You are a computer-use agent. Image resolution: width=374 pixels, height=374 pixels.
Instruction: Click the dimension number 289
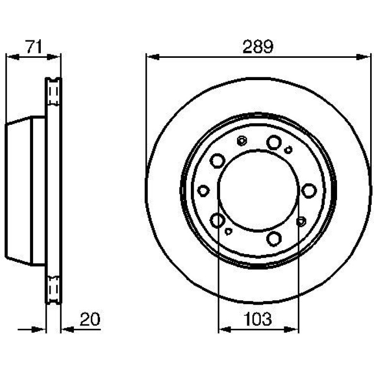pyautogui.click(x=257, y=47)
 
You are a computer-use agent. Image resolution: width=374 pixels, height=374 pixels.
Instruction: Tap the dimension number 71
pyautogui.click(x=34, y=47)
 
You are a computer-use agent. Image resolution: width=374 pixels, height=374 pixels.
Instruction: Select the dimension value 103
pyautogui.click(x=258, y=319)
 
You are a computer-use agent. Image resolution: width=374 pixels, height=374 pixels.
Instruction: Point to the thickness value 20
pyautogui.click(x=90, y=319)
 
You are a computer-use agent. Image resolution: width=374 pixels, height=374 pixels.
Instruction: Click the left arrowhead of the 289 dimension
pyautogui.click(x=153, y=57)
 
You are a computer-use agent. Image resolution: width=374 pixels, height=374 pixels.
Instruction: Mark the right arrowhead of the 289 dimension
pyautogui.click(x=363, y=57)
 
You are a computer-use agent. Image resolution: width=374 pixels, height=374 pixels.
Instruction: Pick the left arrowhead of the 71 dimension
pyautogui.click(x=13, y=57)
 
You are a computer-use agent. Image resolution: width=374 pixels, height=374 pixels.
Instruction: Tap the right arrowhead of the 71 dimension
pyautogui.click(x=53, y=57)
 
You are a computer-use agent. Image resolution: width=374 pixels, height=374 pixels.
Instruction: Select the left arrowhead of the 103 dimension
pyautogui.click(x=225, y=330)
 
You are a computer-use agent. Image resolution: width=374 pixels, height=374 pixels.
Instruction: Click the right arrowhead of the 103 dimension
pyautogui.click(x=291, y=330)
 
